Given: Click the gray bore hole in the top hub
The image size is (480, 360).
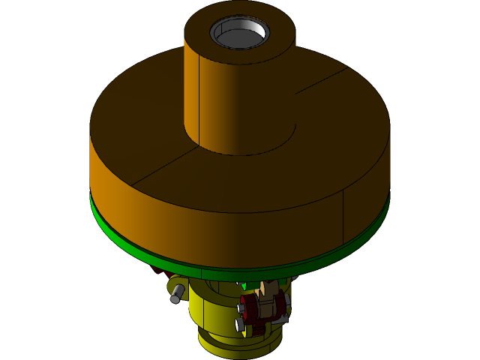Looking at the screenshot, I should click(x=239, y=33).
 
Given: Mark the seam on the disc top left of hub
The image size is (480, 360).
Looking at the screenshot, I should click(x=161, y=169).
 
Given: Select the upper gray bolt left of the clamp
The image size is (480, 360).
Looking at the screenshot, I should click(x=241, y=307).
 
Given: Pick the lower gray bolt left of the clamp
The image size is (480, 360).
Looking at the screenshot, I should click(x=240, y=325).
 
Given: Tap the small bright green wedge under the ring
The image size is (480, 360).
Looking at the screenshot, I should click(x=243, y=286).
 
